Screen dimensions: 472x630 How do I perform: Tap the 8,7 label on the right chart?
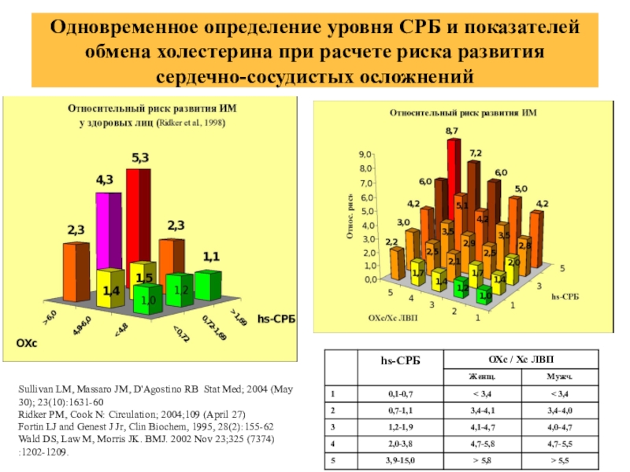coord(452,131)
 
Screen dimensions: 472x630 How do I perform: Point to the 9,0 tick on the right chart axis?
coord(366,154)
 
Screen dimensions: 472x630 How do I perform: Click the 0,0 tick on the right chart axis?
coord(366,278)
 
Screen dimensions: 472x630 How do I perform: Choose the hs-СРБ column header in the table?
coord(401,360)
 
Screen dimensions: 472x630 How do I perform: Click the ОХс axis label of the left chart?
coord(28,343)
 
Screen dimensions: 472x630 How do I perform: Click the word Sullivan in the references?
coord(36,388)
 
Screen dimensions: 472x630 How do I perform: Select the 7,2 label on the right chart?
coord(476,153)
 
